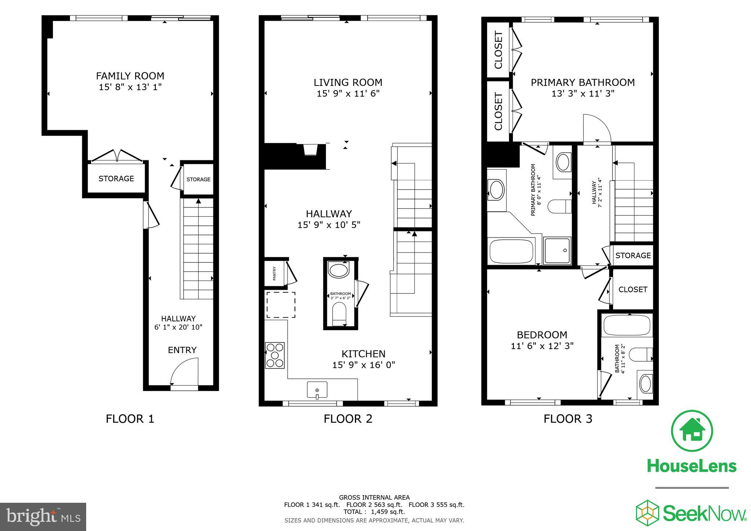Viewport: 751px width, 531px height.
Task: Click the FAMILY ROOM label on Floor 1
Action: click(130, 76)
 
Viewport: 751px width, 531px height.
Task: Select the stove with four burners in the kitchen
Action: click(275, 355)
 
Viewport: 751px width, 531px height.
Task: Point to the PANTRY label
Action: click(274, 273)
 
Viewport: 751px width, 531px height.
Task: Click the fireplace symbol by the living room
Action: click(311, 150)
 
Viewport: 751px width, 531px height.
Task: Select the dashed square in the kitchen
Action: click(281, 305)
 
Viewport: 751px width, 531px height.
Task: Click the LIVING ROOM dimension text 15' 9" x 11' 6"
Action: click(348, 94)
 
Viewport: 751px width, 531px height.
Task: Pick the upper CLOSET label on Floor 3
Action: click(498, 50)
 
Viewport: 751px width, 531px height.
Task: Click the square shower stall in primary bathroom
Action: click(557, 251)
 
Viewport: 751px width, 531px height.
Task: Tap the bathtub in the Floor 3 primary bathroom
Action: click(511, 251)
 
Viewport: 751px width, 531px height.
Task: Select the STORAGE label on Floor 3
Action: click(633, 256)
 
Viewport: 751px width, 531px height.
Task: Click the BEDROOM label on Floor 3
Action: click(542, 335)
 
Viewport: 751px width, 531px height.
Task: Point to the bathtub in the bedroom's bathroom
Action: click(627, 325)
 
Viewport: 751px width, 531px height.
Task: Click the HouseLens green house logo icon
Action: click(692, 431)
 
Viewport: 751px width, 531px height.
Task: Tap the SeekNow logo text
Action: click(704, 514)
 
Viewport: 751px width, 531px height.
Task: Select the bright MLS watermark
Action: click(43, 517)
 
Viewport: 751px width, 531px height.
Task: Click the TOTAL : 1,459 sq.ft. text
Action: click(374, 512)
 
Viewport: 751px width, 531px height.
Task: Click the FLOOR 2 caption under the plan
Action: click(348, 419)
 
